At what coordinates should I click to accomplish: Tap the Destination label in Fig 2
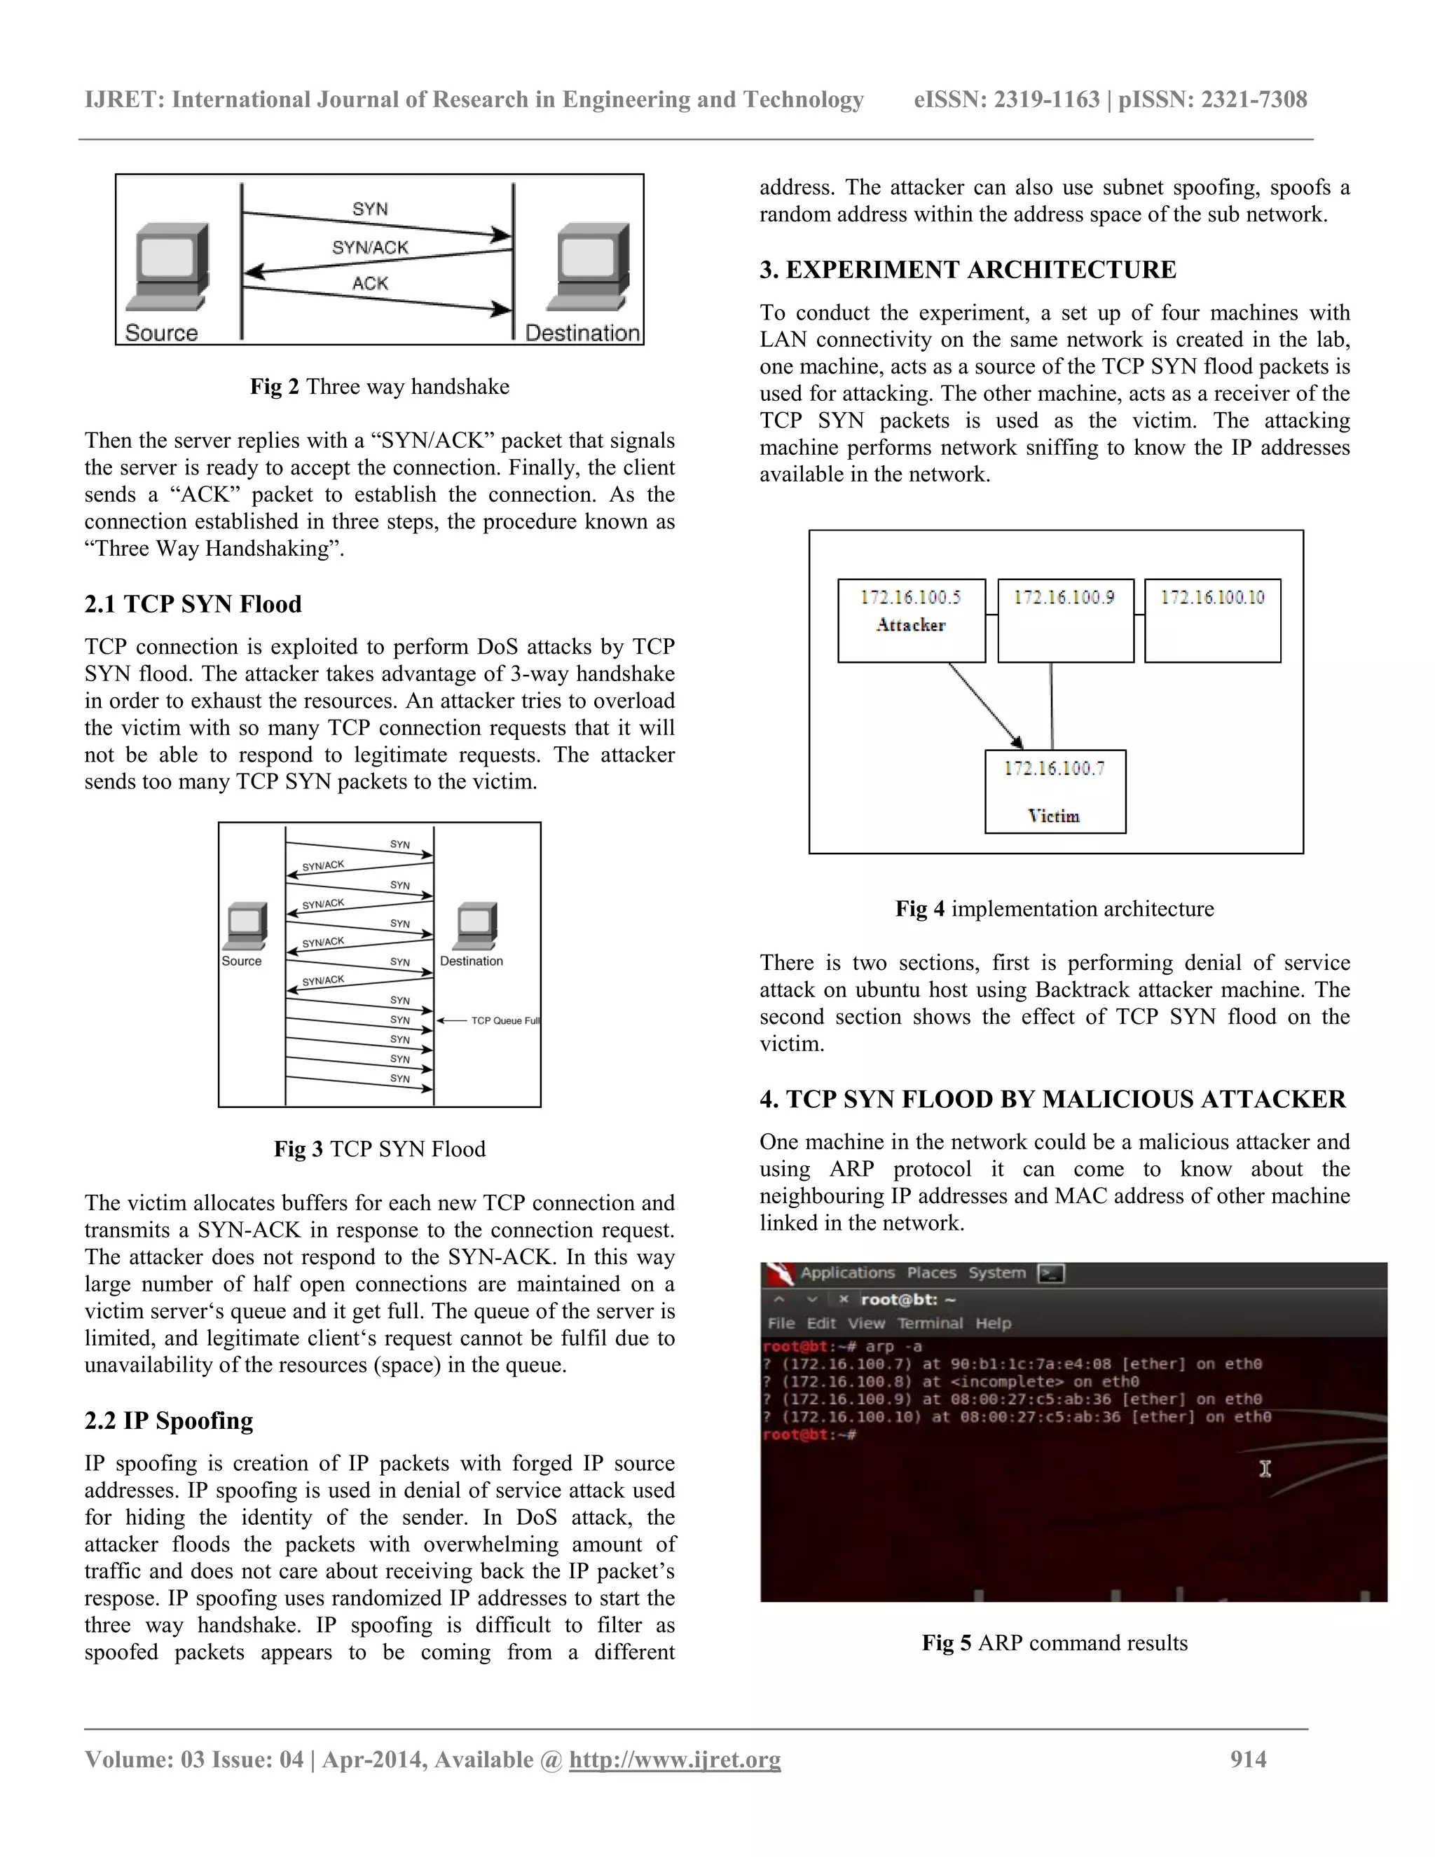coord(582,332)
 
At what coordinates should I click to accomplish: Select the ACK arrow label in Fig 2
coord(370,283)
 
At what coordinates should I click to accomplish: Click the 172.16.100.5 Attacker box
coord(910,620)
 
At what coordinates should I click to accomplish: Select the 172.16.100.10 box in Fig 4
coord(1212,620)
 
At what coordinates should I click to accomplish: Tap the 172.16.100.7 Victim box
coord(1055,790)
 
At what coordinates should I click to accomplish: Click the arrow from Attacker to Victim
coord(986,706)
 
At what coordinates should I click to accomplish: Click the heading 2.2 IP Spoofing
coord(168,1421)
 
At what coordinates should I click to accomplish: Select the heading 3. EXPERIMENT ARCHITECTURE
coord(968,270)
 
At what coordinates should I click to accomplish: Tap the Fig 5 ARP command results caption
coord(1054,1643)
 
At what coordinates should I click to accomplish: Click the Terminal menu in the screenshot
coord(930,1323)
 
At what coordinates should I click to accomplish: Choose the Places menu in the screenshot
coord(931,1273)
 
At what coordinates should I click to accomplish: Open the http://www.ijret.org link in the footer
coord(674,1759)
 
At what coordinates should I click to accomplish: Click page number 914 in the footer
coord(1247,1759)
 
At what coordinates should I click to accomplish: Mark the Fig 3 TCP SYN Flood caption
coord(379,1149)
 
